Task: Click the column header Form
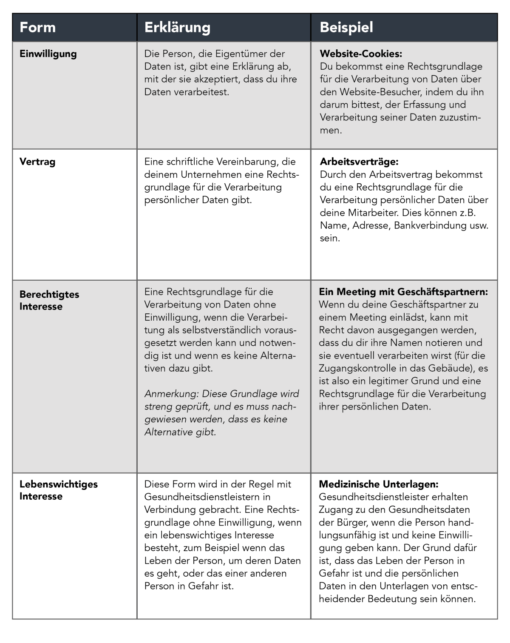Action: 38,28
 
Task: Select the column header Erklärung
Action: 177,28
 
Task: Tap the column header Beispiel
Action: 346,28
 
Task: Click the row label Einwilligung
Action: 48,54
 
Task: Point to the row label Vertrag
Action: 37,162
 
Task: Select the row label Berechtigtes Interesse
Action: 49,300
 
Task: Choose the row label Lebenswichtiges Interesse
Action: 59,490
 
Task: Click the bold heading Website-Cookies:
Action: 361,54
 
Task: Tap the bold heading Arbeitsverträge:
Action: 359,162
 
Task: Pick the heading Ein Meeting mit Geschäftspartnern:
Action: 403,292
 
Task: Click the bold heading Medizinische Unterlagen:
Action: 379,484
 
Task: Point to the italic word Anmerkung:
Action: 171,394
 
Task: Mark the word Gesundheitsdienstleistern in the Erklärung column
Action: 201,497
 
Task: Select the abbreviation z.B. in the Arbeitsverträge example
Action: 467,213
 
